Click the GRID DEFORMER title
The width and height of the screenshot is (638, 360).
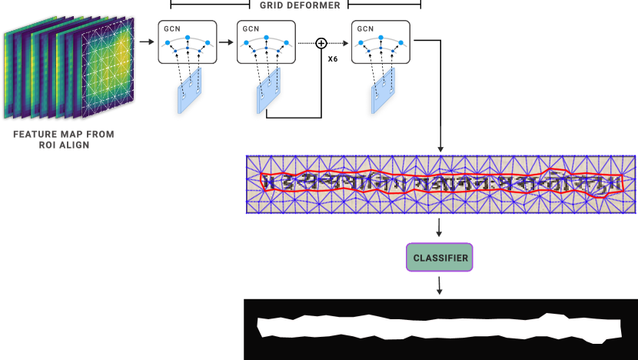[x=300, y=5]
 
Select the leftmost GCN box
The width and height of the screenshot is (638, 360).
[x=188, y=42]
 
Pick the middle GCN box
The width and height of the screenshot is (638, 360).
[x=265, y=42]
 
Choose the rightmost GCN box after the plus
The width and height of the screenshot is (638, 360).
[x=380, y=42]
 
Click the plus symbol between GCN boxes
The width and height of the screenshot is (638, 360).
[x=321, y=43]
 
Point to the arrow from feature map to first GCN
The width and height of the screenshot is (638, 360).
[x=146, y=43]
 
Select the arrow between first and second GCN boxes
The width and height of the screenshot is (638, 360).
[x=226, y=43]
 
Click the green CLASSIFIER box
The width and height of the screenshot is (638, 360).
[x=440, y=258]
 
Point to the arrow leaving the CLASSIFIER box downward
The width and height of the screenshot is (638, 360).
[x=440, y=285]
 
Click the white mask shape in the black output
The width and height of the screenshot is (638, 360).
[x=438, y=327]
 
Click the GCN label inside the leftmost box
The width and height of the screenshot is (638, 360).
[x=170, y=28]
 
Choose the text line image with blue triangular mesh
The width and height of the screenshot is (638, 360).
[x=440, y=185]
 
